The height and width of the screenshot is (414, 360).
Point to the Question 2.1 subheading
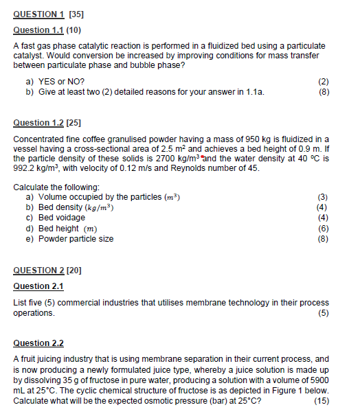38,286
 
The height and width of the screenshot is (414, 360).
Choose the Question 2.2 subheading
38,343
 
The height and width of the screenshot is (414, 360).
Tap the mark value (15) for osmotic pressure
321,401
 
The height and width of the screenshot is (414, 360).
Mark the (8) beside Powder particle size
323,239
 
